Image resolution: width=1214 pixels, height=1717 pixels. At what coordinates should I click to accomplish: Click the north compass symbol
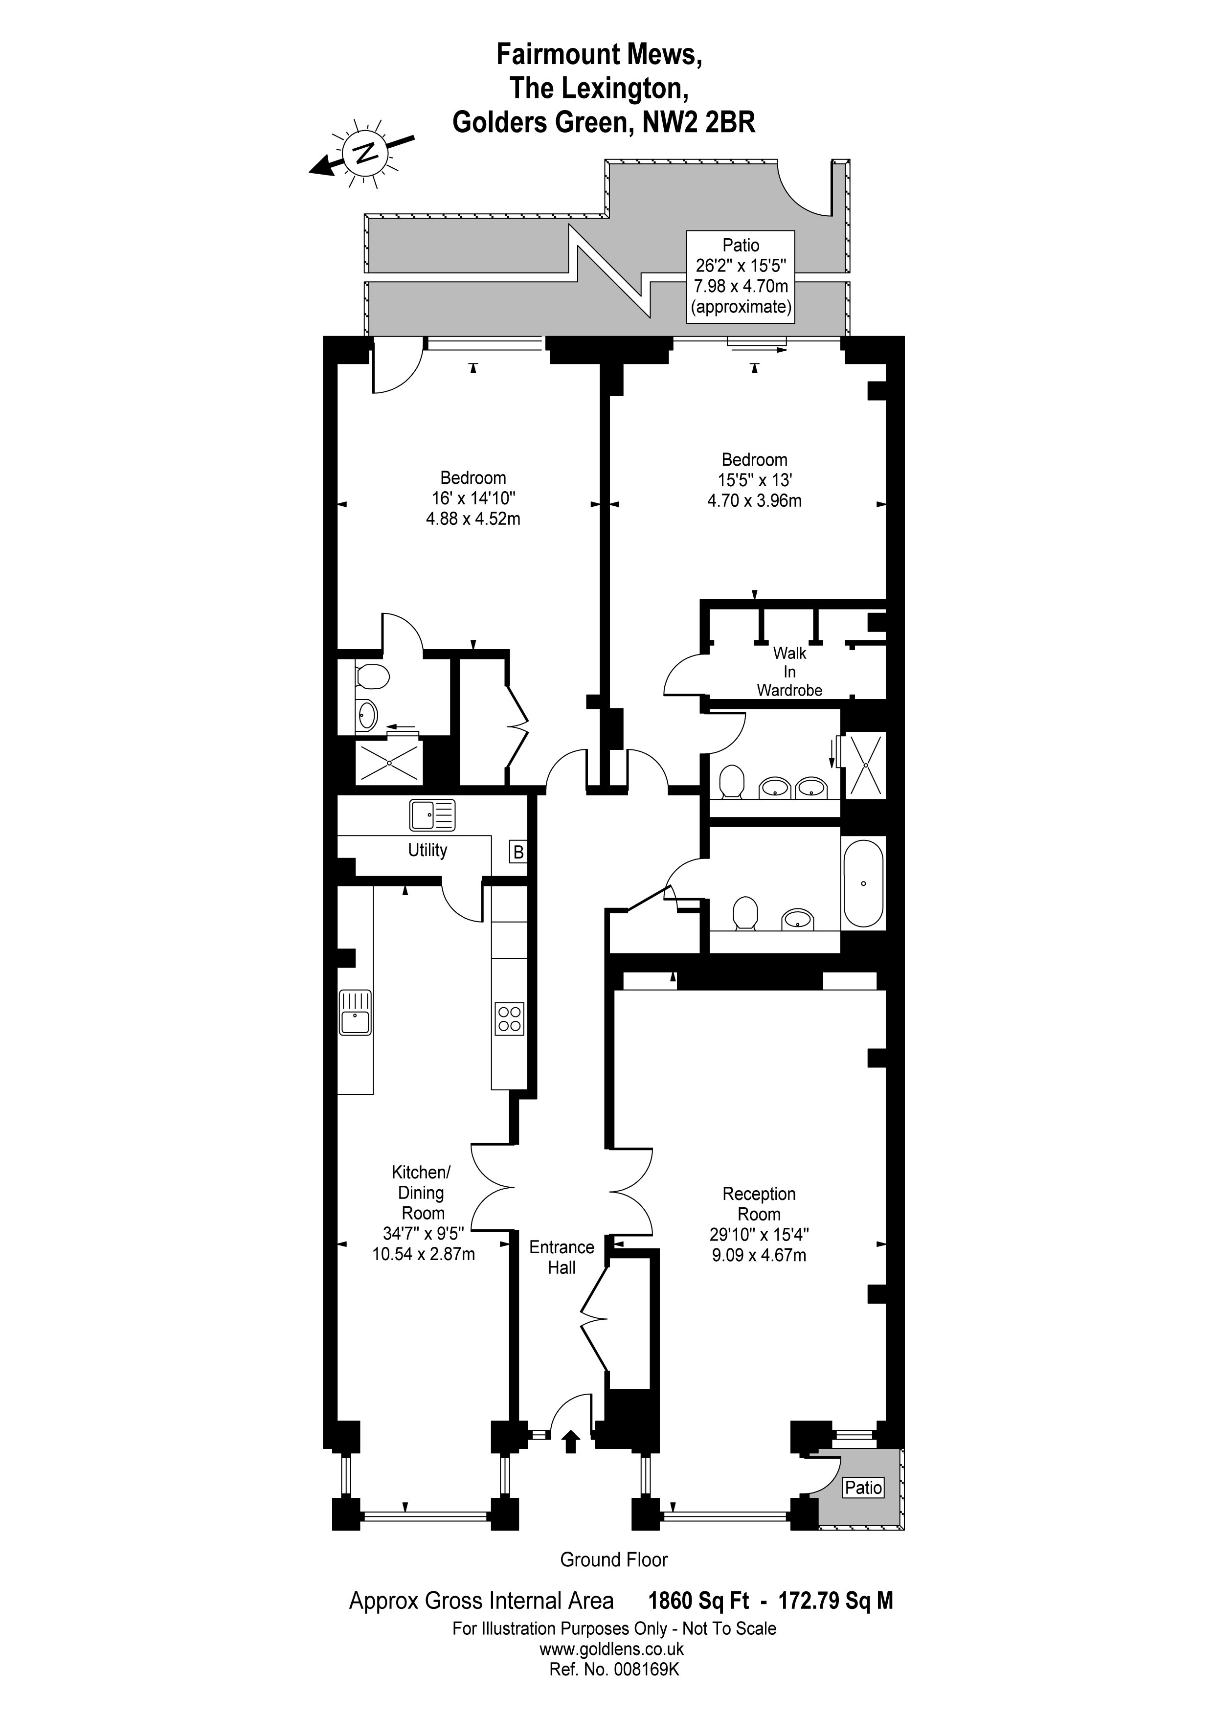click(364, 153)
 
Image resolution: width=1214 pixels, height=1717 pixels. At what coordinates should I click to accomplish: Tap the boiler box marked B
click(518, 852)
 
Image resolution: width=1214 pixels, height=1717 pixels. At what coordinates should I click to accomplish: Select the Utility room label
click(427, 850)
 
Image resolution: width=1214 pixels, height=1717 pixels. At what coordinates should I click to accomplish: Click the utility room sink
click(432, 815)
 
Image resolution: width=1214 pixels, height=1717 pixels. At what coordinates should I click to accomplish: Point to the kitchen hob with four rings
click(509, 1018)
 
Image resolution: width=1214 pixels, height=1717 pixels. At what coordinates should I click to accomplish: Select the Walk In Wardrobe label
click(789, 672)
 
